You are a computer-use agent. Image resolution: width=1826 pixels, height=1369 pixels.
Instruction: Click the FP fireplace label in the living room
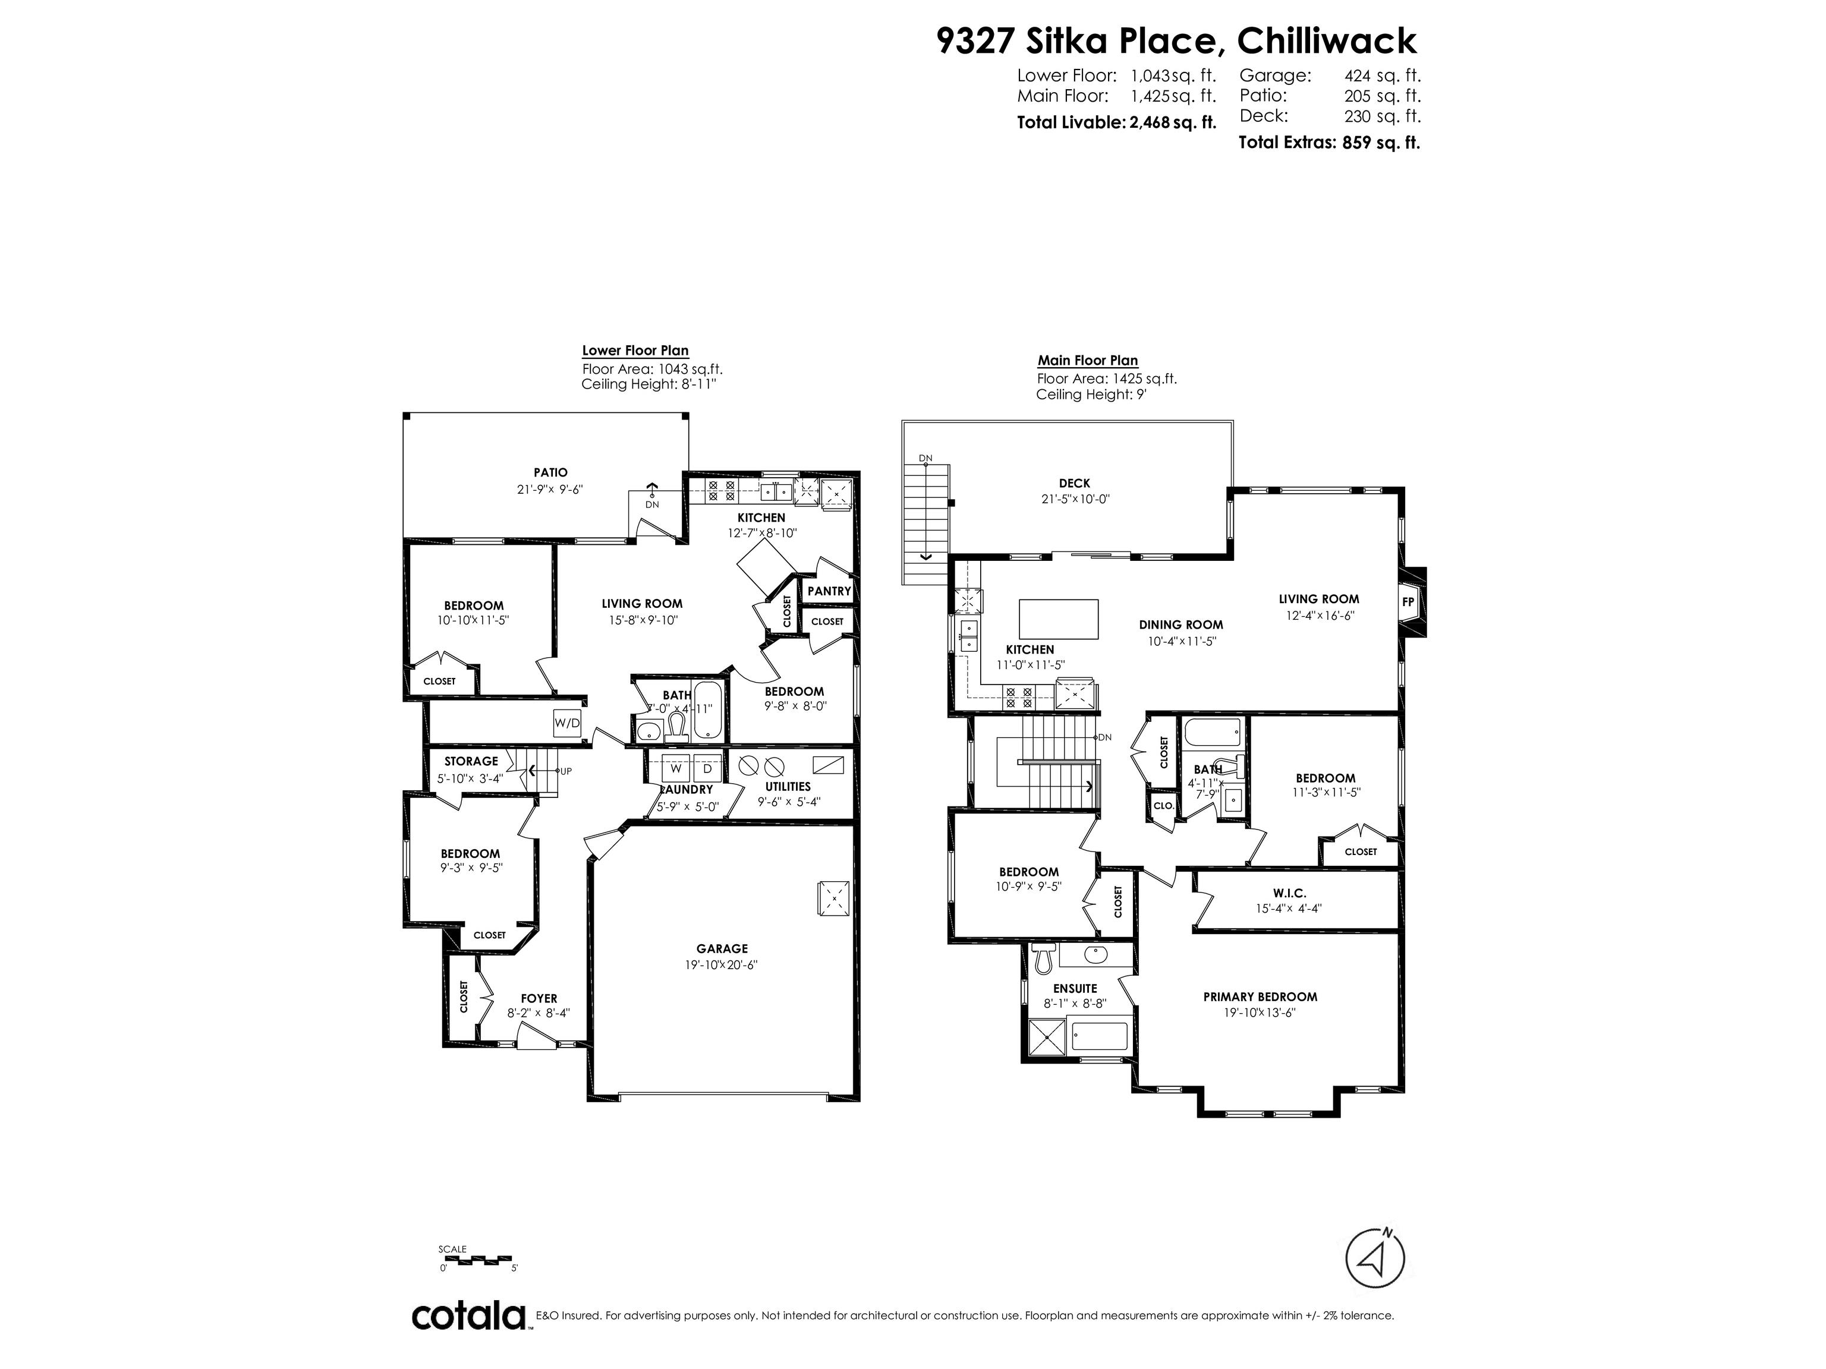pyautogui.click(x=1408, y=603)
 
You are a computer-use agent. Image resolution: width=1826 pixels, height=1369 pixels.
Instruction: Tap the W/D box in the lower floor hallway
pyautogui.click(x=567, y=724)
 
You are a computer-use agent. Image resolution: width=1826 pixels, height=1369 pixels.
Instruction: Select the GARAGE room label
pyautogui.click(x=722, y=949)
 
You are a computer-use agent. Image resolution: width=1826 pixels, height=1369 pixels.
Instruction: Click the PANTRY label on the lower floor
pyautogui.click(x=829, y=591)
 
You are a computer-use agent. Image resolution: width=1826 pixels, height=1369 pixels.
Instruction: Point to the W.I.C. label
pyautogui.click(x=1289, y=893)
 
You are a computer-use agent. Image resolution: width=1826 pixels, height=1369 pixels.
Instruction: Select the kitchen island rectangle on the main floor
pyautogui.click(x=1059, y=619)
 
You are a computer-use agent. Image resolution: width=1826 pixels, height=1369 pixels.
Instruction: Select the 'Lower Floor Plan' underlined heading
pyautogui.click(x=635, y=351)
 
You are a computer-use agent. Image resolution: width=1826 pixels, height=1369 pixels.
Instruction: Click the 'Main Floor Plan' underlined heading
pyautogui.click(x=1087, y=361)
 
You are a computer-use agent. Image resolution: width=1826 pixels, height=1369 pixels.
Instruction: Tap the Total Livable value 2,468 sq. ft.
pyautogui.click(x=1172, y=123)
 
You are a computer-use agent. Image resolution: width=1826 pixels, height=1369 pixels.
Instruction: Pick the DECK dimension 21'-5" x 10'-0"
pyautogui.click(x=1075, y=499)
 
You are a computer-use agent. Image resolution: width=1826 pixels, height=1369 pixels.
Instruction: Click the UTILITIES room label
pyautogui.click(x=788, y=787)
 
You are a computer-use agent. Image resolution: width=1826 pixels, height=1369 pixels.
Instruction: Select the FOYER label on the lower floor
pyautogui.click(x=539, y=998)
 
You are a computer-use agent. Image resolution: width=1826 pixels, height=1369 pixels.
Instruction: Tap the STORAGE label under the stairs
pyautogui.click(x=471, y=761)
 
